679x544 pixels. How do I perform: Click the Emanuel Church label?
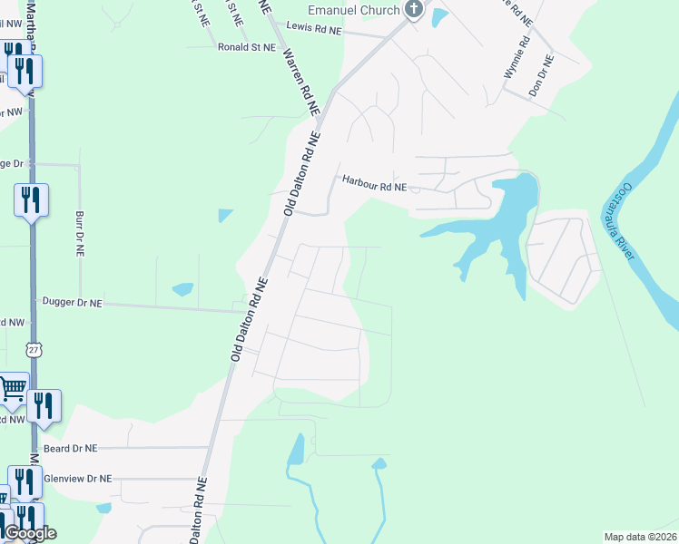pos(354,10)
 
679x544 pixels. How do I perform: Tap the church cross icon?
pos(414,10)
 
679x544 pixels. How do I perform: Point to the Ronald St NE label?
pos(246,46)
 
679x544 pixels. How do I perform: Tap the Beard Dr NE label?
pos(70,448)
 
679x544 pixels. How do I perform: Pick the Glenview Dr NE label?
pos(77,478)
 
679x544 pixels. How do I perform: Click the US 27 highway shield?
pos(34,349)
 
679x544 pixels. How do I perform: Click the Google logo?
pos(30,533)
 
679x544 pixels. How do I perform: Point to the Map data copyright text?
pos(640,537)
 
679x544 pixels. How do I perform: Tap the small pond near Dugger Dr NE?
pos(182,290)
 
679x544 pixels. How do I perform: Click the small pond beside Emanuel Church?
pos(440,15)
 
